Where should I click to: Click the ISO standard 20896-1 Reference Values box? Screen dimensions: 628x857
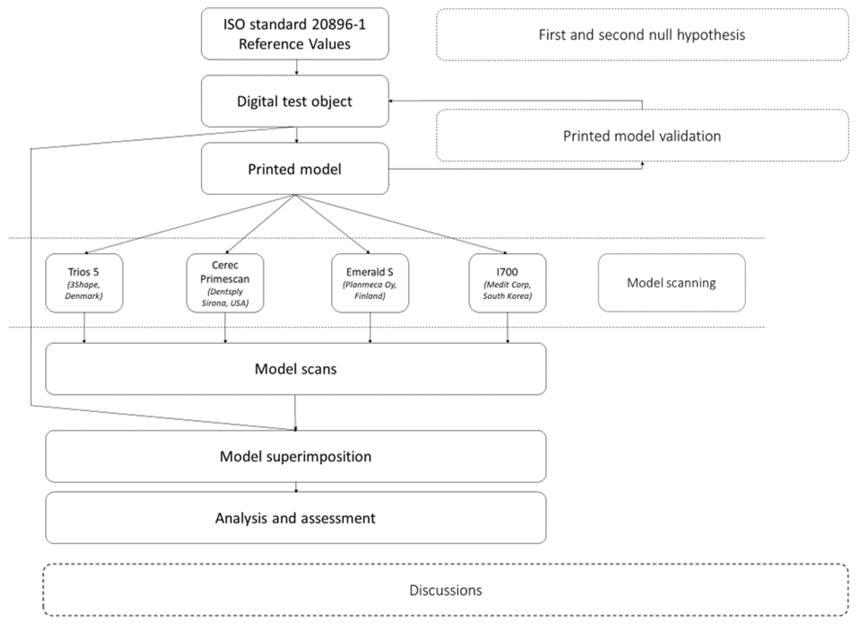[x=295, y=34]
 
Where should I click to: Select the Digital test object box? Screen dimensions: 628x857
[x=295, y=101]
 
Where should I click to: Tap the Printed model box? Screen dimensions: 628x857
[x=295, y=169]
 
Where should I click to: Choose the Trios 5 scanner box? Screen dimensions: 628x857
[x=84, y=283]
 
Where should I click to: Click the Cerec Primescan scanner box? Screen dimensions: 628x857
[x=225, y=283]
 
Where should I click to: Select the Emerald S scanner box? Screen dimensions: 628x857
[x=370, y=283]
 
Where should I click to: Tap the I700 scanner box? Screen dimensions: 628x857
[x=507, y=283]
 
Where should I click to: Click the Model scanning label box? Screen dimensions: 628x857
[x=671, y=283]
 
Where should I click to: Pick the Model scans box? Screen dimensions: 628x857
[x=296, y=369]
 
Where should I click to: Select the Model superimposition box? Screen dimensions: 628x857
[x=296, y=456]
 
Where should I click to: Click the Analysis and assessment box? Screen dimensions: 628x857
[x=296, y=518]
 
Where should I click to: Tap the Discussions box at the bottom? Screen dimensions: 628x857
[x=445, y=590]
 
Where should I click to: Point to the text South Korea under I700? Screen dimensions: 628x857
[x=507, y=296]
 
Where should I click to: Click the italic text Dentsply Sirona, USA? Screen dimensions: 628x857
[x=225, y=297]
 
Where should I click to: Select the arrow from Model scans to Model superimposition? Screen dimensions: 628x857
[x=295, y=412]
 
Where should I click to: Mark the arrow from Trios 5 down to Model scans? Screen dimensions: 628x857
[x=84, y=328]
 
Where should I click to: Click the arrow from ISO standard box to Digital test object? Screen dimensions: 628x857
[x=297, y=67]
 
